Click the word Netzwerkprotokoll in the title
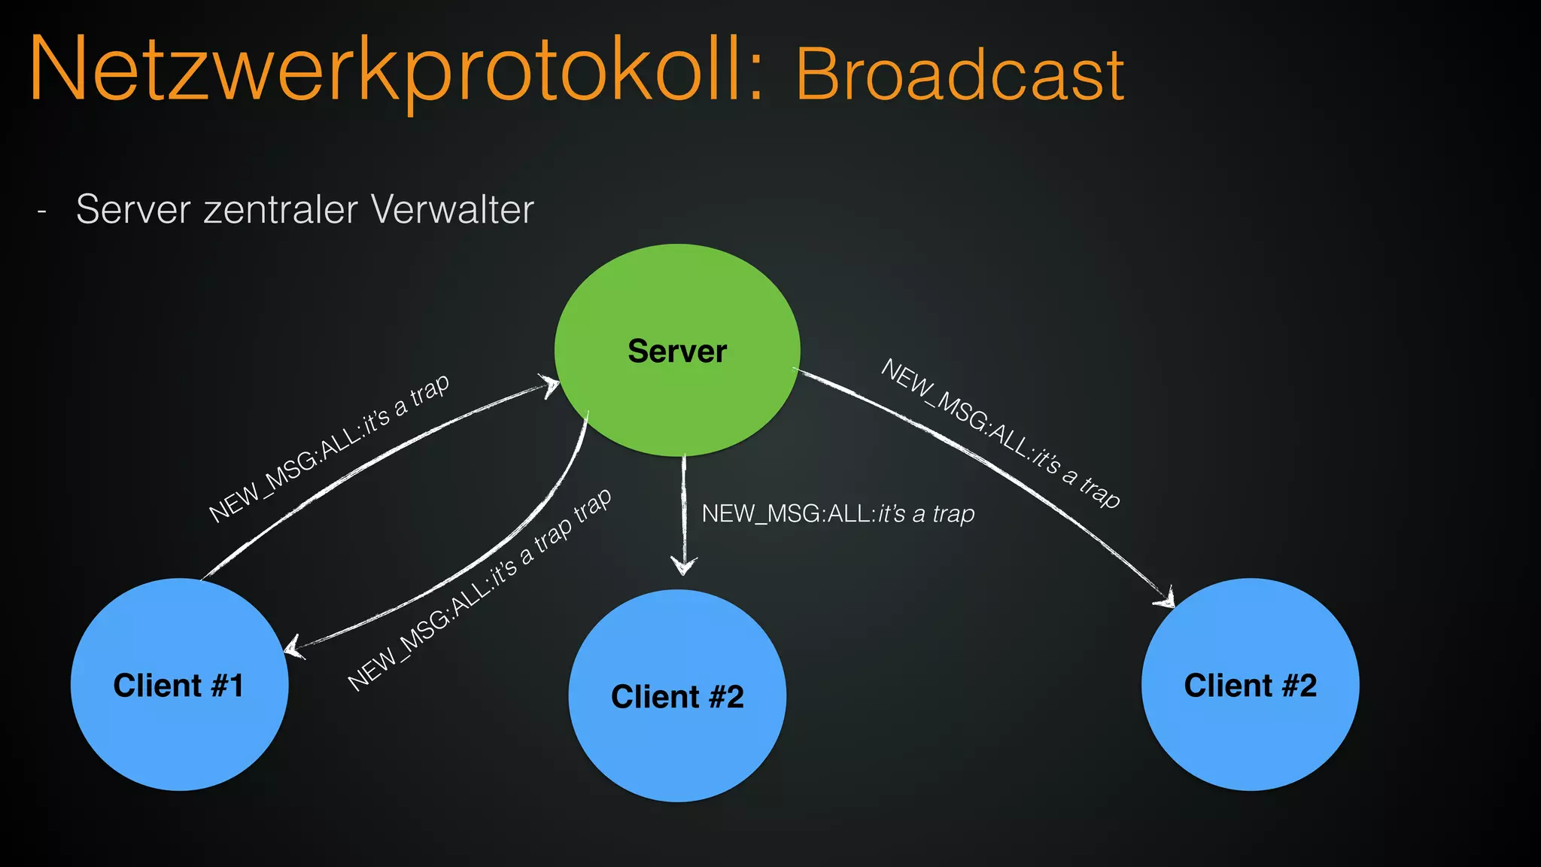(x=395, y=71)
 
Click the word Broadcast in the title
(x=959, y=75)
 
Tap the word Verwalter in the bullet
(x=452, y=209)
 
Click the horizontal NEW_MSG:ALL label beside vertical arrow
(x=837, y=514)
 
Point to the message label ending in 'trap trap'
(x=479, y=591)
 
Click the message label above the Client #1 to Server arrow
(x=329, y=448)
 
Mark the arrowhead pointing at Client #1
(x=293, y=646)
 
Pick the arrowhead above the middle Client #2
(x=683, y=566)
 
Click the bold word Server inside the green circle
(x=677, y=351)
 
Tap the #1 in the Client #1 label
(x=227, y=686)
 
